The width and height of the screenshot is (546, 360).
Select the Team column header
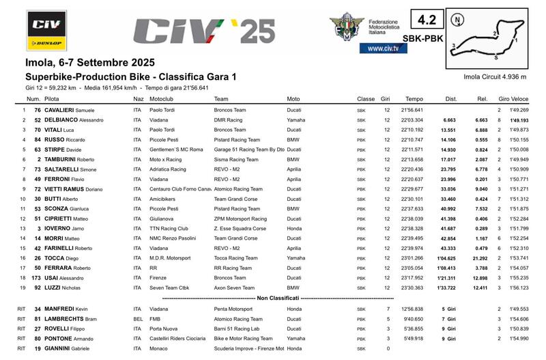coord(221,99)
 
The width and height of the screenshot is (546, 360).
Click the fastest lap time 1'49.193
coord(519,120)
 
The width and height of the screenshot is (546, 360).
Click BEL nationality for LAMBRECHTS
coord(138,319)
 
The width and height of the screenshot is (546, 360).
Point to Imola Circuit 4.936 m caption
coord(494,77)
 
